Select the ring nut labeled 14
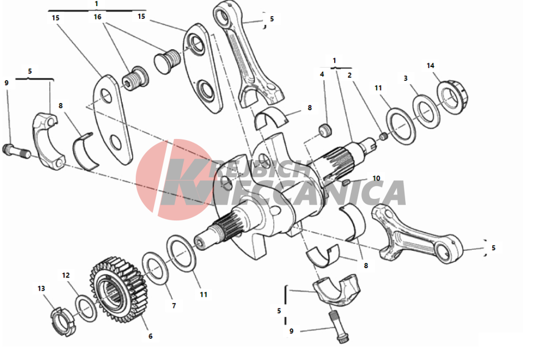point(452,97)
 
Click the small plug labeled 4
point(325,130)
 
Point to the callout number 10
point(376,178)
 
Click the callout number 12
point(66,275)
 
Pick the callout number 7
point(174,306)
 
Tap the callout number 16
point(98,17)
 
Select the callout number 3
point(406,79)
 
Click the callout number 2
point(350,75)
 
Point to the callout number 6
point(150,336)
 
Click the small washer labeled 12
point(86,308)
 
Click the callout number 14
point(431,65)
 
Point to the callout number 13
point(41,288)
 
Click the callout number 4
point(322,74)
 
